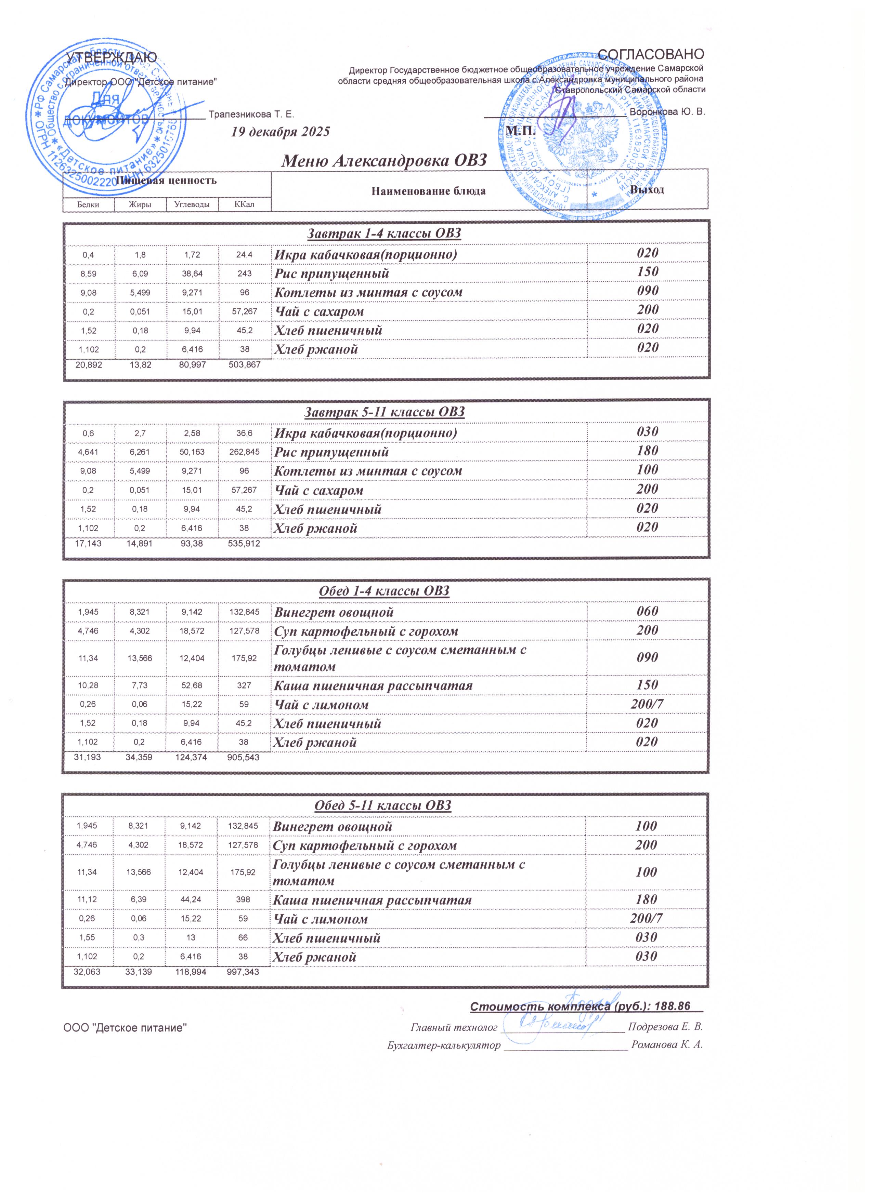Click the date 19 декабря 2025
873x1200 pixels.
point(281,132)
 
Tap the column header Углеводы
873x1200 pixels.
point(192,204)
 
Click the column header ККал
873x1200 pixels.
point(244,204)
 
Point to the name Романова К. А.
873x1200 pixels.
point(671,1045)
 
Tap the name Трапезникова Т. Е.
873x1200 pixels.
point(251,114)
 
